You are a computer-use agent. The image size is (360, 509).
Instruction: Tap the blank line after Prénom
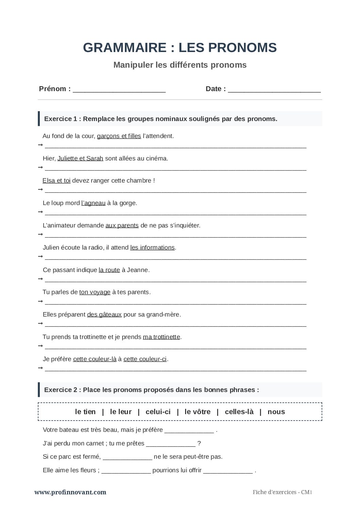[119, 90]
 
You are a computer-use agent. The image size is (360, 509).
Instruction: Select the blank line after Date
[274, 90]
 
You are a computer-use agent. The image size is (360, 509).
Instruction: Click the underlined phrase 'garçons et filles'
[119, 136]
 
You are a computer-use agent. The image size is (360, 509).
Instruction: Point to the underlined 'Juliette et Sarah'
[80, 158]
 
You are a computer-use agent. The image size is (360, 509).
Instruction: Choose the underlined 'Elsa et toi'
[56, 181]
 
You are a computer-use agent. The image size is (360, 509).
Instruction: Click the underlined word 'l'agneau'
[93, 203]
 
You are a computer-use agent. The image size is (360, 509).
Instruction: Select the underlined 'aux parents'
[122, 225]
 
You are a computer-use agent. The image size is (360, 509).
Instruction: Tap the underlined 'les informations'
[152, 248]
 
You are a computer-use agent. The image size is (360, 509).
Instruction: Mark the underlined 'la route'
[109, 270]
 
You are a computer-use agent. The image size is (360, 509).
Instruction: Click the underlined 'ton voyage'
[95, 292]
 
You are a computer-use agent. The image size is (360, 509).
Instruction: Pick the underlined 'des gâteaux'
[104, 315]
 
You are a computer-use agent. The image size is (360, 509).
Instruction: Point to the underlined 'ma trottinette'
[161, 337]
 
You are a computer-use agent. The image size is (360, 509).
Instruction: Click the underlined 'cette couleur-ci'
[145, 359]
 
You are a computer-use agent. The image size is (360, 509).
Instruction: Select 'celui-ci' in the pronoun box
[158, 412]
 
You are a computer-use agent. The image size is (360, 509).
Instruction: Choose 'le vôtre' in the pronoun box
[197, 412]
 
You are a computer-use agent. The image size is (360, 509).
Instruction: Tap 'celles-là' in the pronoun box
[239, 412]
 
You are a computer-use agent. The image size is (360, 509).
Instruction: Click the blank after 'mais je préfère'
[189, 430]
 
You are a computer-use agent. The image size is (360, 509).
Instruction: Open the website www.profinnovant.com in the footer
[70, 492]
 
